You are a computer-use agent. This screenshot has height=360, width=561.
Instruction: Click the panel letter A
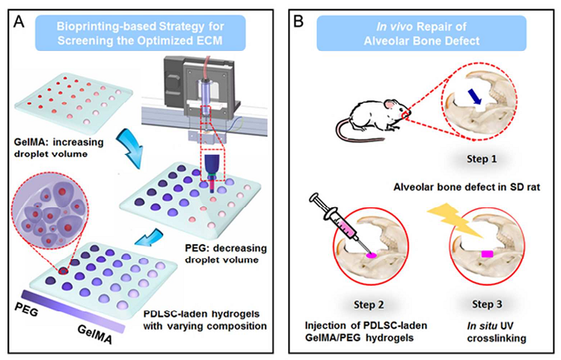tap(19, 22)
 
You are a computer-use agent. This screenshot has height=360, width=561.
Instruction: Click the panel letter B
tap(298, 22)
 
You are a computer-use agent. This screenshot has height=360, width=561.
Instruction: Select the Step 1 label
tap(482, 159)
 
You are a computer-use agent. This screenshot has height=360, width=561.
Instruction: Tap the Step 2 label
tap(369, 305)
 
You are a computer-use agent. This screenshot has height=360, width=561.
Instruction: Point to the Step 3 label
tap(487, 304)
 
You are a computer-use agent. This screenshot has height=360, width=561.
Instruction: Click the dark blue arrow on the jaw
tap(475, 97)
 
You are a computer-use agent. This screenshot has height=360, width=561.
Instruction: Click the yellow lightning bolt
tap(455, 220)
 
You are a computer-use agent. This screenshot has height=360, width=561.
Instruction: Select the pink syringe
tap(340, 225)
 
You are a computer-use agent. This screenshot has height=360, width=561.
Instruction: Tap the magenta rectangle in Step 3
tap(487, 254)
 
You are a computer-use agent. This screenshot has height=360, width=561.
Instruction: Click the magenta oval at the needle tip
tap(371, 255)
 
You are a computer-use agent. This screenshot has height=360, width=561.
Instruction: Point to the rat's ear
tap(390, 104)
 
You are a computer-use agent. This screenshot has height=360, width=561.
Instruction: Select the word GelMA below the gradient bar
tap(94, 335)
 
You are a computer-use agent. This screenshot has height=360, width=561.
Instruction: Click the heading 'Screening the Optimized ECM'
tap(140, 40)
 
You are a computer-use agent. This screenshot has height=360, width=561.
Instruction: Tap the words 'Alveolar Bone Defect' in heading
tap(421, 41)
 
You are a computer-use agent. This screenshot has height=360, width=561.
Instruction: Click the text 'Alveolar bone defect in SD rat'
tap(467, 187)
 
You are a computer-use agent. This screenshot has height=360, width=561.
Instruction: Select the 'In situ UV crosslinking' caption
tap(496, 332)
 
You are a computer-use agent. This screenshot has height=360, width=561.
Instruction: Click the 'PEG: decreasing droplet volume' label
tap(226, 254)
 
